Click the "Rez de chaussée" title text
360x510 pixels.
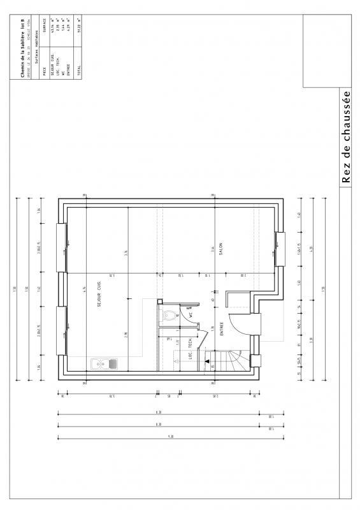click(x=347, y=138)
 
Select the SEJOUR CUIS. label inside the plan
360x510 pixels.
click(x=100, y=295)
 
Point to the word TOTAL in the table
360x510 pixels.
click(x=80, y=73)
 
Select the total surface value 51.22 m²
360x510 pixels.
click(x=80, y=44)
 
